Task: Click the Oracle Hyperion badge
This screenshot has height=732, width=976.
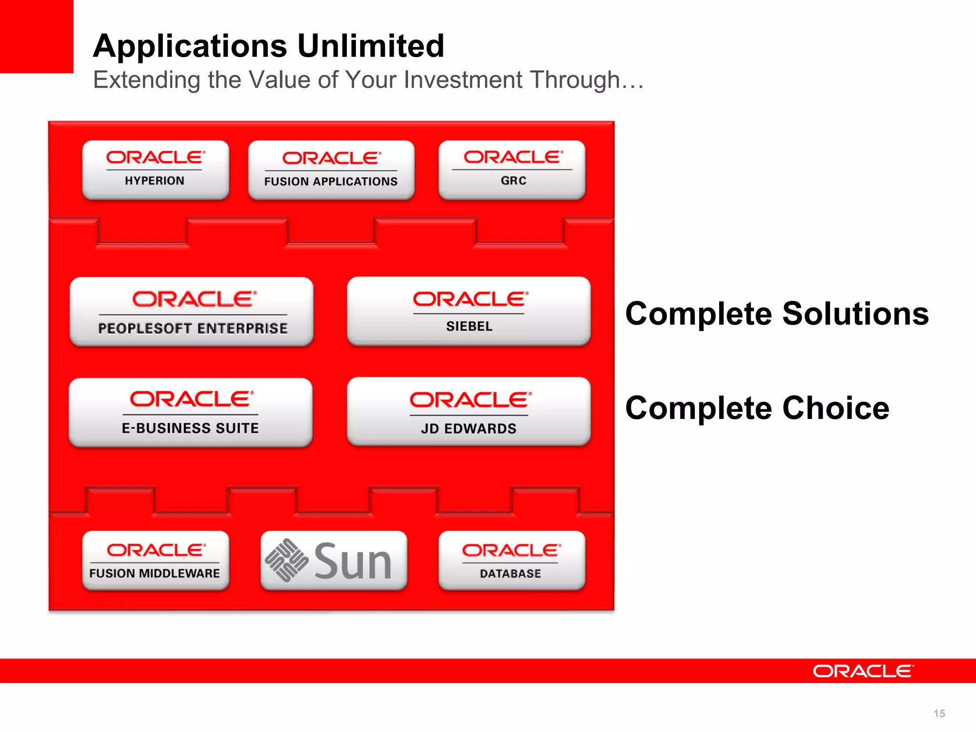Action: (155, 170)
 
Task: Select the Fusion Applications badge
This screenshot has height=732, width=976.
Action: (331, 170)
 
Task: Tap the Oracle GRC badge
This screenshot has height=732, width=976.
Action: (512, 170)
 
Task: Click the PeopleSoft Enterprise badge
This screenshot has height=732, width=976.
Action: (192, 311)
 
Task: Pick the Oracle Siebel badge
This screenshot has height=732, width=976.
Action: (469, 311)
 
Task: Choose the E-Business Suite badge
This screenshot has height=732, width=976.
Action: (191, 412)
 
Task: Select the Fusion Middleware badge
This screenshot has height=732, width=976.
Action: (155, 560)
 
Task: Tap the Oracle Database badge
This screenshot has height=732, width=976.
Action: (512, 560)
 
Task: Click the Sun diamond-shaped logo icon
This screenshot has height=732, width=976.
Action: (286, 560)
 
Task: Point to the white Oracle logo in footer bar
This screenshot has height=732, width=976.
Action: (863, 671)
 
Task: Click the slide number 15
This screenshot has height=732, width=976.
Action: (939, 713)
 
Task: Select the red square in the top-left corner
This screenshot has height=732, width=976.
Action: (36, 36)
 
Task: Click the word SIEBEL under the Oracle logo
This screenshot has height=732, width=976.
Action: (469, 326)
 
